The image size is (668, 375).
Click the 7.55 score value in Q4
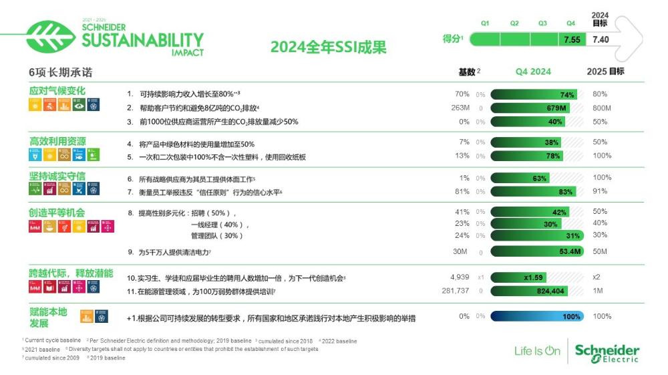[x=572, y=39]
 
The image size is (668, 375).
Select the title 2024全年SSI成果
[x=328, y=47]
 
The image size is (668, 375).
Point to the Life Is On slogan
[x=537, y=351]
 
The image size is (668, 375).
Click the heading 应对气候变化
[x=57, y=90]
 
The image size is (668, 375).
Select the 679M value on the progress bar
[x=556, y=108]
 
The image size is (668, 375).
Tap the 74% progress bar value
[x=567, y=94]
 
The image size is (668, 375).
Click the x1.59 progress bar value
[x=534, y=277]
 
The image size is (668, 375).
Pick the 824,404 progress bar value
[x=550, y=291]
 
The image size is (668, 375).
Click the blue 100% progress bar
[x=537, y=316]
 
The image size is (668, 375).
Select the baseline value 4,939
[x=460, y=277]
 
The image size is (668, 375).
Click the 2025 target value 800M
[x=602, y=108]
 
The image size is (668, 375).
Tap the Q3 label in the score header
[x=543, y=23]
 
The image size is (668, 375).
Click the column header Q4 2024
[x=533, y=72]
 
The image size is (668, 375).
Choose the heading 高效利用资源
[x=57, y=140]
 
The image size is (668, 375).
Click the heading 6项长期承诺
[x=51, y=72]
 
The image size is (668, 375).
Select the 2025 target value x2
[x=597, y=277]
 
